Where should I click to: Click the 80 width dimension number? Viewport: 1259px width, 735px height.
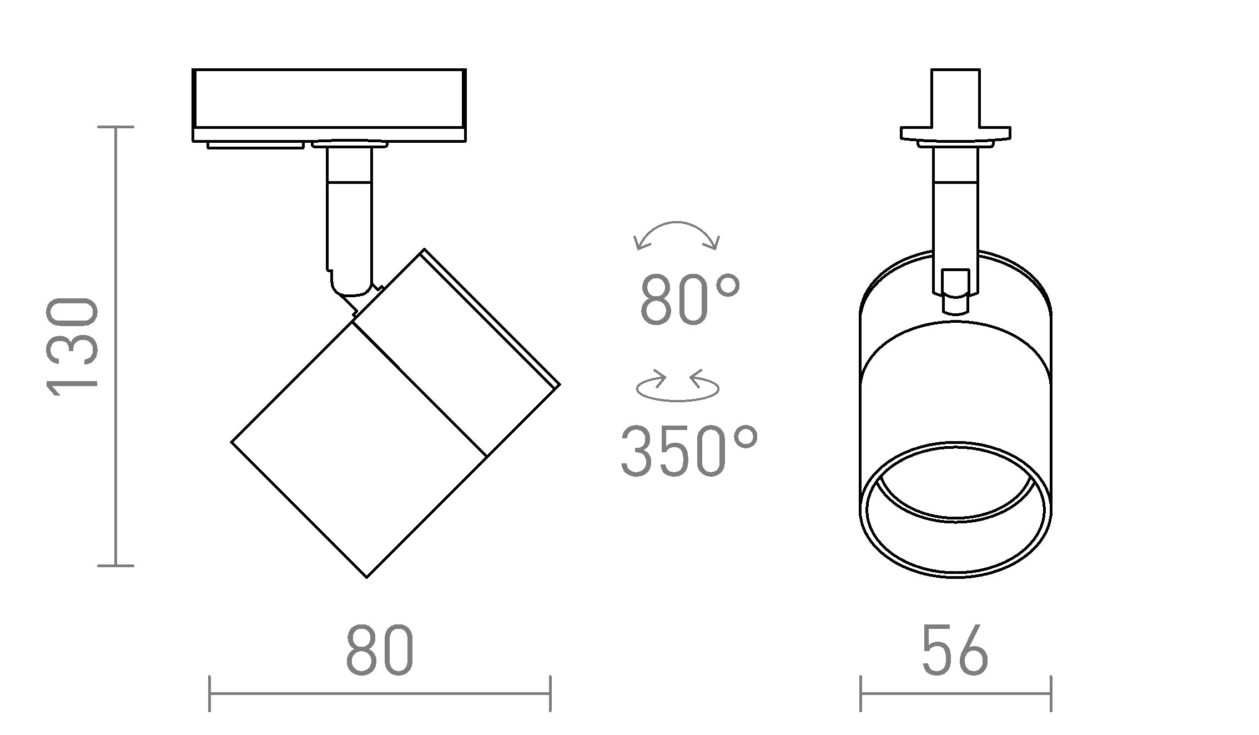coord(380,650)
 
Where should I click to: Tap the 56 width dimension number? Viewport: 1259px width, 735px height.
coord(955,650)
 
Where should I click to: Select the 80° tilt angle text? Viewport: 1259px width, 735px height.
coord(690,301)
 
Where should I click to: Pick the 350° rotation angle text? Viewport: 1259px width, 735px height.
coord(689,451)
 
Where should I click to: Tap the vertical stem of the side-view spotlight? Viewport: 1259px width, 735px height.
coord(349,222)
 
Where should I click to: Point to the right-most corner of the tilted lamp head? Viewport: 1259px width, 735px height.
coord(558,384)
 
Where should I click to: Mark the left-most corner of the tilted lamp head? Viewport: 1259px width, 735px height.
coord(232,442)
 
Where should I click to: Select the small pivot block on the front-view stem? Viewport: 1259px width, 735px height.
coord(955,292)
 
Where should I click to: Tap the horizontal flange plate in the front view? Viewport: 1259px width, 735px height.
coord(955,133)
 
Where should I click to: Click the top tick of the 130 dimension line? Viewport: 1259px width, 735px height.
coord(115,127)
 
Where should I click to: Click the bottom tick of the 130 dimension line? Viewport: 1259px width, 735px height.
coord(115,566)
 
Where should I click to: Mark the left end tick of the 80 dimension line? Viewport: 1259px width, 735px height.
coord(209,693)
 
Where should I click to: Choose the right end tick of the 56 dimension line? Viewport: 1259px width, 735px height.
coord(1051,693)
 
